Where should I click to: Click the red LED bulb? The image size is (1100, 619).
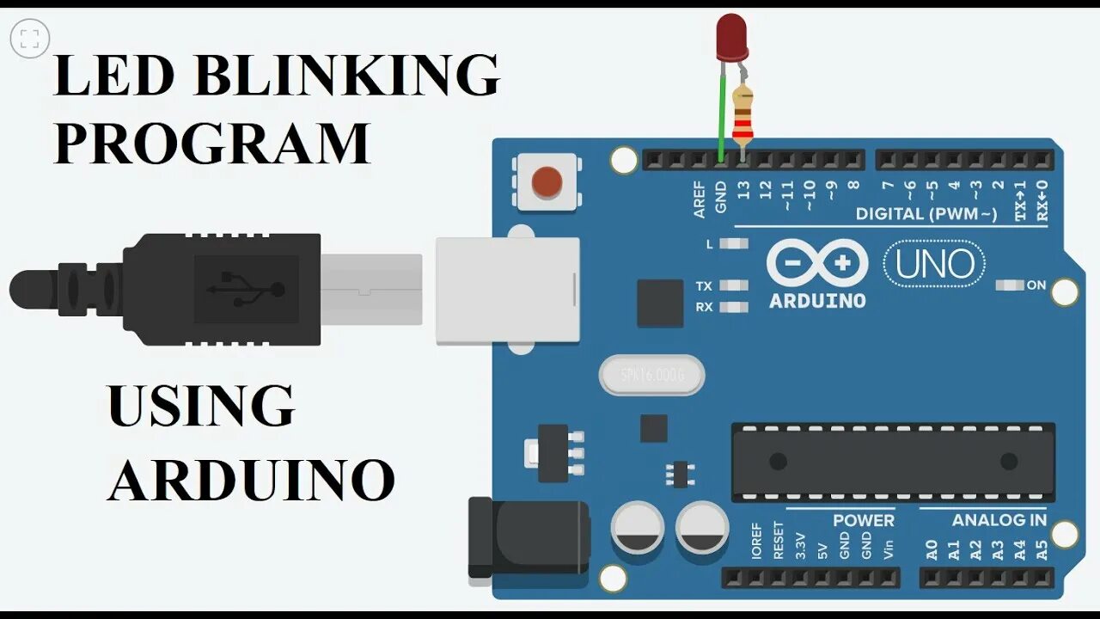[x=731, y=37]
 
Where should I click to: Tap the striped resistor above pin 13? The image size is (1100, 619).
[x=742, y=117]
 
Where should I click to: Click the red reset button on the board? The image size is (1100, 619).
[x=547, y=181]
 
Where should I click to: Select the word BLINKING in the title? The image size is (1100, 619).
[x=347, y=77]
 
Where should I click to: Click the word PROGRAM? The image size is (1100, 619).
[x=211, y=143]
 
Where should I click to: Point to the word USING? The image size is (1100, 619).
[x=201, y=406]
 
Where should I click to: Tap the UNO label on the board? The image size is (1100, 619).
[x=935, y=265]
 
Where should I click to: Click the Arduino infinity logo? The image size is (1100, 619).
[x=816, y=264]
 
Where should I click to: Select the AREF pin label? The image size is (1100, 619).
[x=700, y=199]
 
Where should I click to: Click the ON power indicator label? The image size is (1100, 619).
[x=1036, y=285]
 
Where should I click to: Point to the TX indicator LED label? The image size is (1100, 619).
[x=704, y=285]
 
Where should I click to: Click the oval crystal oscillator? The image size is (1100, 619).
[x=651, y=376]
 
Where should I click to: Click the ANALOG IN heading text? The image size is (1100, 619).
[x=999, y=520]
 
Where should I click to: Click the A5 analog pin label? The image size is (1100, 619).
[x=1042, y=550]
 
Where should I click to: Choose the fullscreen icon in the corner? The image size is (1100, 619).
[x=30, y=38]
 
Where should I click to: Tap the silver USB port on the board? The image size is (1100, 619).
[x=507, y=291]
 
